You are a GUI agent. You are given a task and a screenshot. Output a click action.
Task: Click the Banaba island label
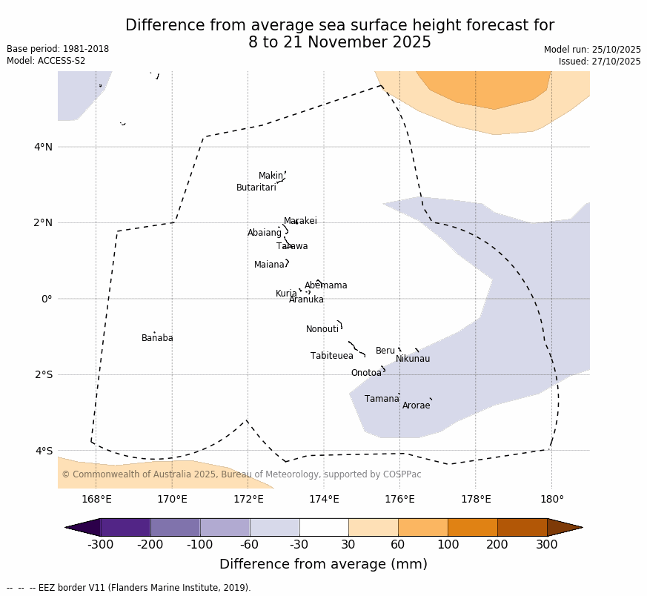coord(157,338)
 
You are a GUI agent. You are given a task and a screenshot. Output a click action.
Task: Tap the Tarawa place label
coord(292,246)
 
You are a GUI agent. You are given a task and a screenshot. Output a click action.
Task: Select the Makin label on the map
coord(271,176)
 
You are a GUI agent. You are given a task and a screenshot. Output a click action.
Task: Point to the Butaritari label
coord(256,188)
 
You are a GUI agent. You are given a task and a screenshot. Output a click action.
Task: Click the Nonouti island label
coord(322,329)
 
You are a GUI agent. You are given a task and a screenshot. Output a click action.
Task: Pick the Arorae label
coord(416,405)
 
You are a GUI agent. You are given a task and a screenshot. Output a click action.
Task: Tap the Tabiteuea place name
coord(332,356)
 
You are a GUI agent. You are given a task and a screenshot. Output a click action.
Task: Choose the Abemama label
coord(326,285)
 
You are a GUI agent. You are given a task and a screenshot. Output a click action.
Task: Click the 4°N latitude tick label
coord(43,147)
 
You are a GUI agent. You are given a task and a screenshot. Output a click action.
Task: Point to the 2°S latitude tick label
coord(43,374)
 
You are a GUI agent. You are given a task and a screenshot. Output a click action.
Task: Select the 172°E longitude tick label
coord(248,499)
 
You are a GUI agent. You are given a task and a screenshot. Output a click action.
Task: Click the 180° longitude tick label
coord(551,499)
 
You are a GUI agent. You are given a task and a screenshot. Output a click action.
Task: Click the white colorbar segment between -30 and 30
coord(324,527)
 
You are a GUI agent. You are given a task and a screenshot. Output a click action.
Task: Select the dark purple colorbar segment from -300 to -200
coord(125,527)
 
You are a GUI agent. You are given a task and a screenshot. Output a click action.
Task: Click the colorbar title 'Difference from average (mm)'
coord(323,564)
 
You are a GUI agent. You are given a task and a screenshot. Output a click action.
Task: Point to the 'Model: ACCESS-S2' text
coord(46,61)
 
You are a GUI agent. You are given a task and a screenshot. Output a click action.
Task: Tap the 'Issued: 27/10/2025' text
coord(600,62)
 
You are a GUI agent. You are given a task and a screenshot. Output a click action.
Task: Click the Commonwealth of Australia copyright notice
coord(242,474)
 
